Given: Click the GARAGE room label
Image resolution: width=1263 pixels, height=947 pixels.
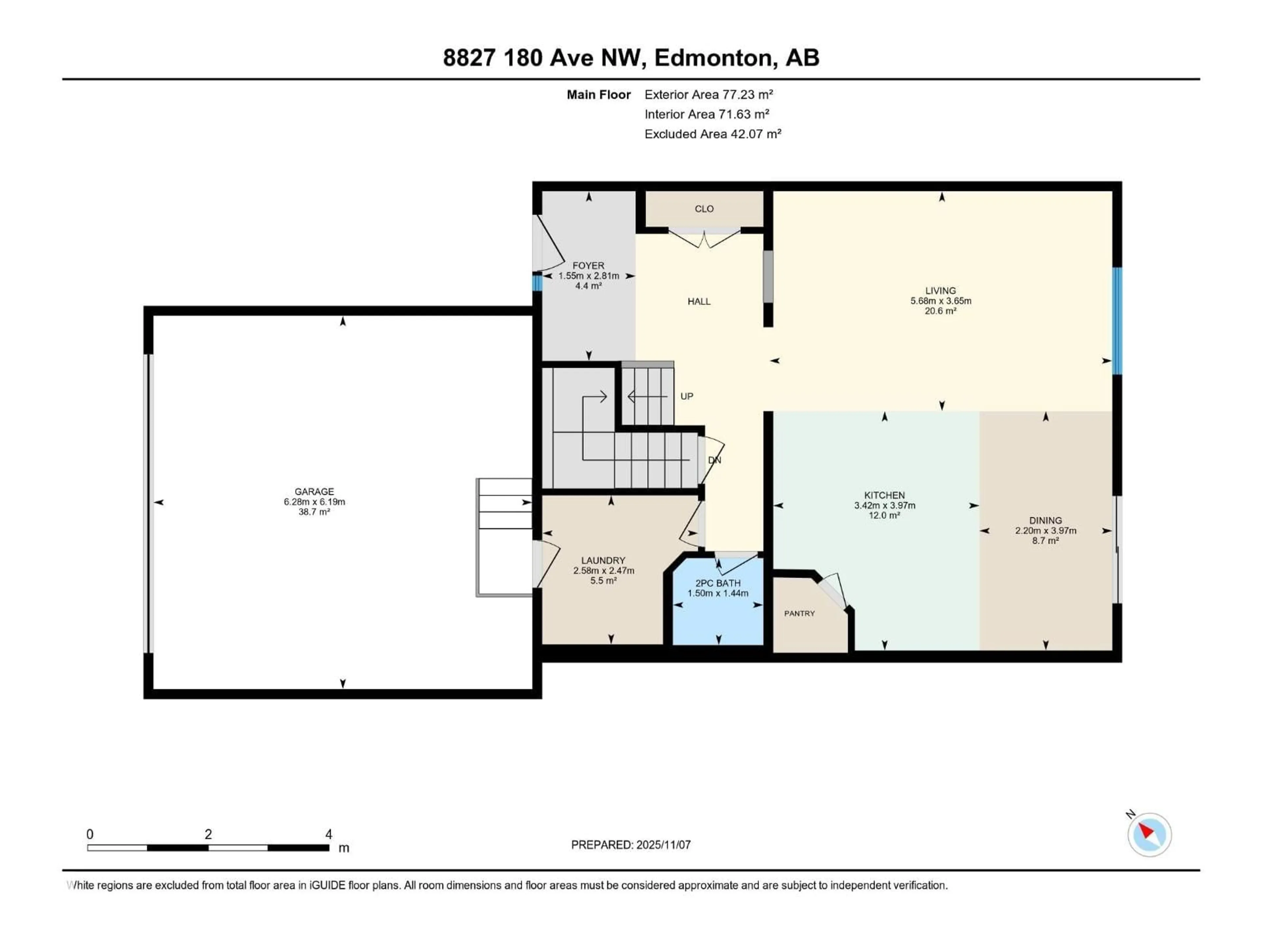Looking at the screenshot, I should tap(314, 492).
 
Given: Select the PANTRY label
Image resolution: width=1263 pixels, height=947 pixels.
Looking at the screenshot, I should tap(799, 614).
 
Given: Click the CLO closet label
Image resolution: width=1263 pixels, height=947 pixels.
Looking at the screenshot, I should tap(704, 209).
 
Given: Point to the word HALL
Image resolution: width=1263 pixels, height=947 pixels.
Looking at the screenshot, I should tap(699, 302).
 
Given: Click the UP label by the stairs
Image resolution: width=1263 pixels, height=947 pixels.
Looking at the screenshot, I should tap(686, 396).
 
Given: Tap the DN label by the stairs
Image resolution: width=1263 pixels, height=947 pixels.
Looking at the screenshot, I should tap(714, 460).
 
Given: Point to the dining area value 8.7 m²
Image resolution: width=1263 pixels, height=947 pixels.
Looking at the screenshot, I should tap(1046, 541).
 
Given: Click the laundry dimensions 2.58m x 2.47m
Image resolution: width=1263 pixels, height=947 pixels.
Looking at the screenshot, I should tap(604, 571).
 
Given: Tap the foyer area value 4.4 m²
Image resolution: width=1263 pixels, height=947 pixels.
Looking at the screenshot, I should tap(588, 286).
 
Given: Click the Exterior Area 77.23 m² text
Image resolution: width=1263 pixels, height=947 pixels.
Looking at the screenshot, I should tap(708, 95).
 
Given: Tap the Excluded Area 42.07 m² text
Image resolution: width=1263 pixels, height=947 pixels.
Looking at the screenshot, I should tap(713, 134).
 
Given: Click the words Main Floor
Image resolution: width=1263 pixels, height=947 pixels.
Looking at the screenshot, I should tap(598, 95).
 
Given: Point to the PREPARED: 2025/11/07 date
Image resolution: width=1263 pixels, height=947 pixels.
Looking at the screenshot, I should tap(631, 845).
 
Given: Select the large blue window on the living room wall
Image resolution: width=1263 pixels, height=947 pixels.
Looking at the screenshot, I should tap(1117, 321).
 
